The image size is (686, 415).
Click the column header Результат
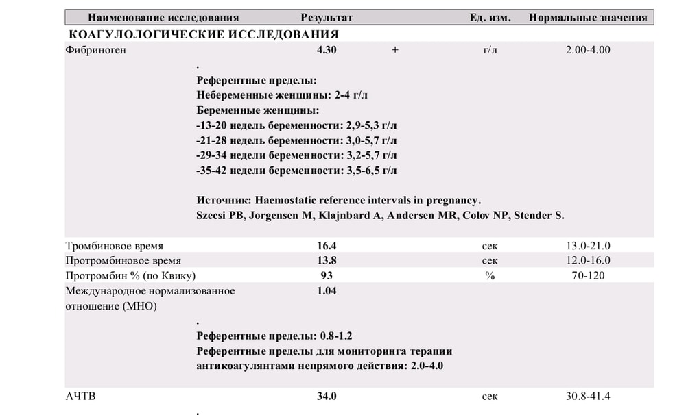pyautogui.click(x=327, y=18)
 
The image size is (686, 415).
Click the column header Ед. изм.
pyautogui.click(x=490, y=18)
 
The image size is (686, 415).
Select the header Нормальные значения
pyautogui.click(x=588, y=18)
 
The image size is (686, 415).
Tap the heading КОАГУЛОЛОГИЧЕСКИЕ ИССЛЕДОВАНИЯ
pyautogui.click(x=204, y=34)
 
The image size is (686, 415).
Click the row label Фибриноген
pyautogui.click(x=96, y=50)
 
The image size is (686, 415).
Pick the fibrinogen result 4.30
pyautogui.click(x=327, y=50)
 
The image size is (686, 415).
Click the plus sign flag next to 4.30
pyautogui.click(x=395, y=50)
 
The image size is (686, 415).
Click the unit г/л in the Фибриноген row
pyautogui.click(x=490, y=50)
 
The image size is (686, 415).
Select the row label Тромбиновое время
pyautogui.click(x=115, y=246)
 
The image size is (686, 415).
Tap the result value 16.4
pyautogui.click(x=327, y=246)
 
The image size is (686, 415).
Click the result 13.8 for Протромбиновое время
pyautogui.click(x=327, y=261)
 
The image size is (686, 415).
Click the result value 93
pyautogui.click(x=327, y=276)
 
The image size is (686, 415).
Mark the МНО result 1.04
pyautogui.click(x=327, y=291)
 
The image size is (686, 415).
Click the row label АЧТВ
pyautogui.click(x=81, y=397)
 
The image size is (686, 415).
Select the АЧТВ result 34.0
pyautogui.click(x=327, y=397)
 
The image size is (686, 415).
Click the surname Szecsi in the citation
pyautogui.click(x=212, y=216)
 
